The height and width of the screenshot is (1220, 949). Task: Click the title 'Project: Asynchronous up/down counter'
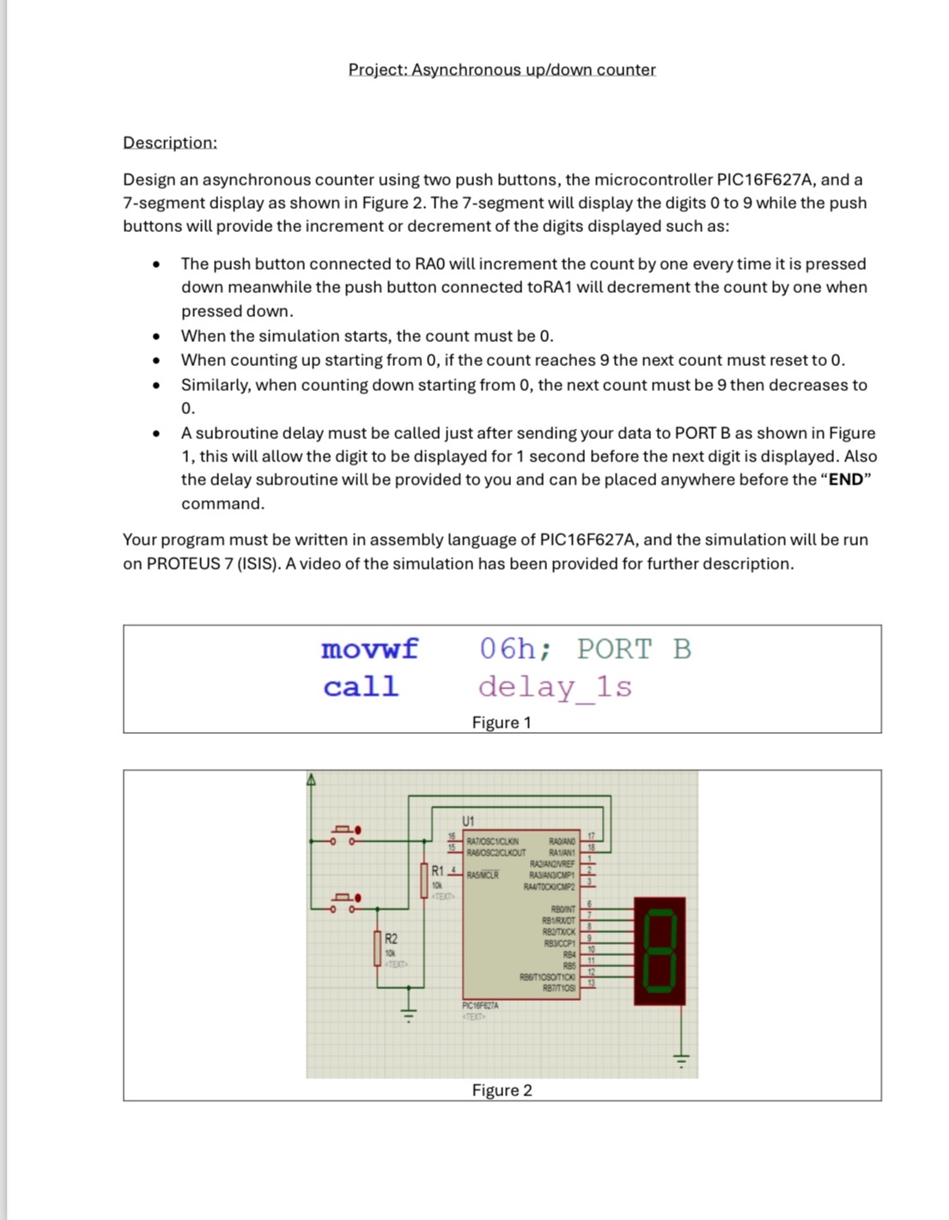point(502,70)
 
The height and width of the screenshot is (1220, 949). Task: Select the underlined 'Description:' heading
point(170,143)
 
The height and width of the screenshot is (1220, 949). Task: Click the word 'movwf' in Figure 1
point(369,649)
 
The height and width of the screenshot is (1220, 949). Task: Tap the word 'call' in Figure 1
point(361,686)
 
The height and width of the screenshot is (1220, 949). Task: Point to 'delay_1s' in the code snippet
point(555,686)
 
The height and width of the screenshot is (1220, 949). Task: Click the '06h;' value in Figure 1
point(514,649)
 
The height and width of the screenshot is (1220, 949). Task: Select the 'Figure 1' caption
point(502,723)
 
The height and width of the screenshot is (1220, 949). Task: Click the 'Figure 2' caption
point(502,1090)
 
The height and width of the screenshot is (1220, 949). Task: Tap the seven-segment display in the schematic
point(660,951)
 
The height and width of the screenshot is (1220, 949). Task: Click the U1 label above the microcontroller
point(469,820)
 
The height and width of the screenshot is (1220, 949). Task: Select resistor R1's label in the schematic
point(437,870)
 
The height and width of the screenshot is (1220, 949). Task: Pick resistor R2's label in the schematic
point(391,938)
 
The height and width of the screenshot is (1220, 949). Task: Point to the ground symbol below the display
point(682,1060)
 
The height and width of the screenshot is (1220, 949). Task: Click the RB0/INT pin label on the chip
point(563,909)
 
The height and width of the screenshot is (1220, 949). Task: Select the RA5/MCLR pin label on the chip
point(482,875)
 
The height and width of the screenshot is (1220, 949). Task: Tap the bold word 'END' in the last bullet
point(845,479)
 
